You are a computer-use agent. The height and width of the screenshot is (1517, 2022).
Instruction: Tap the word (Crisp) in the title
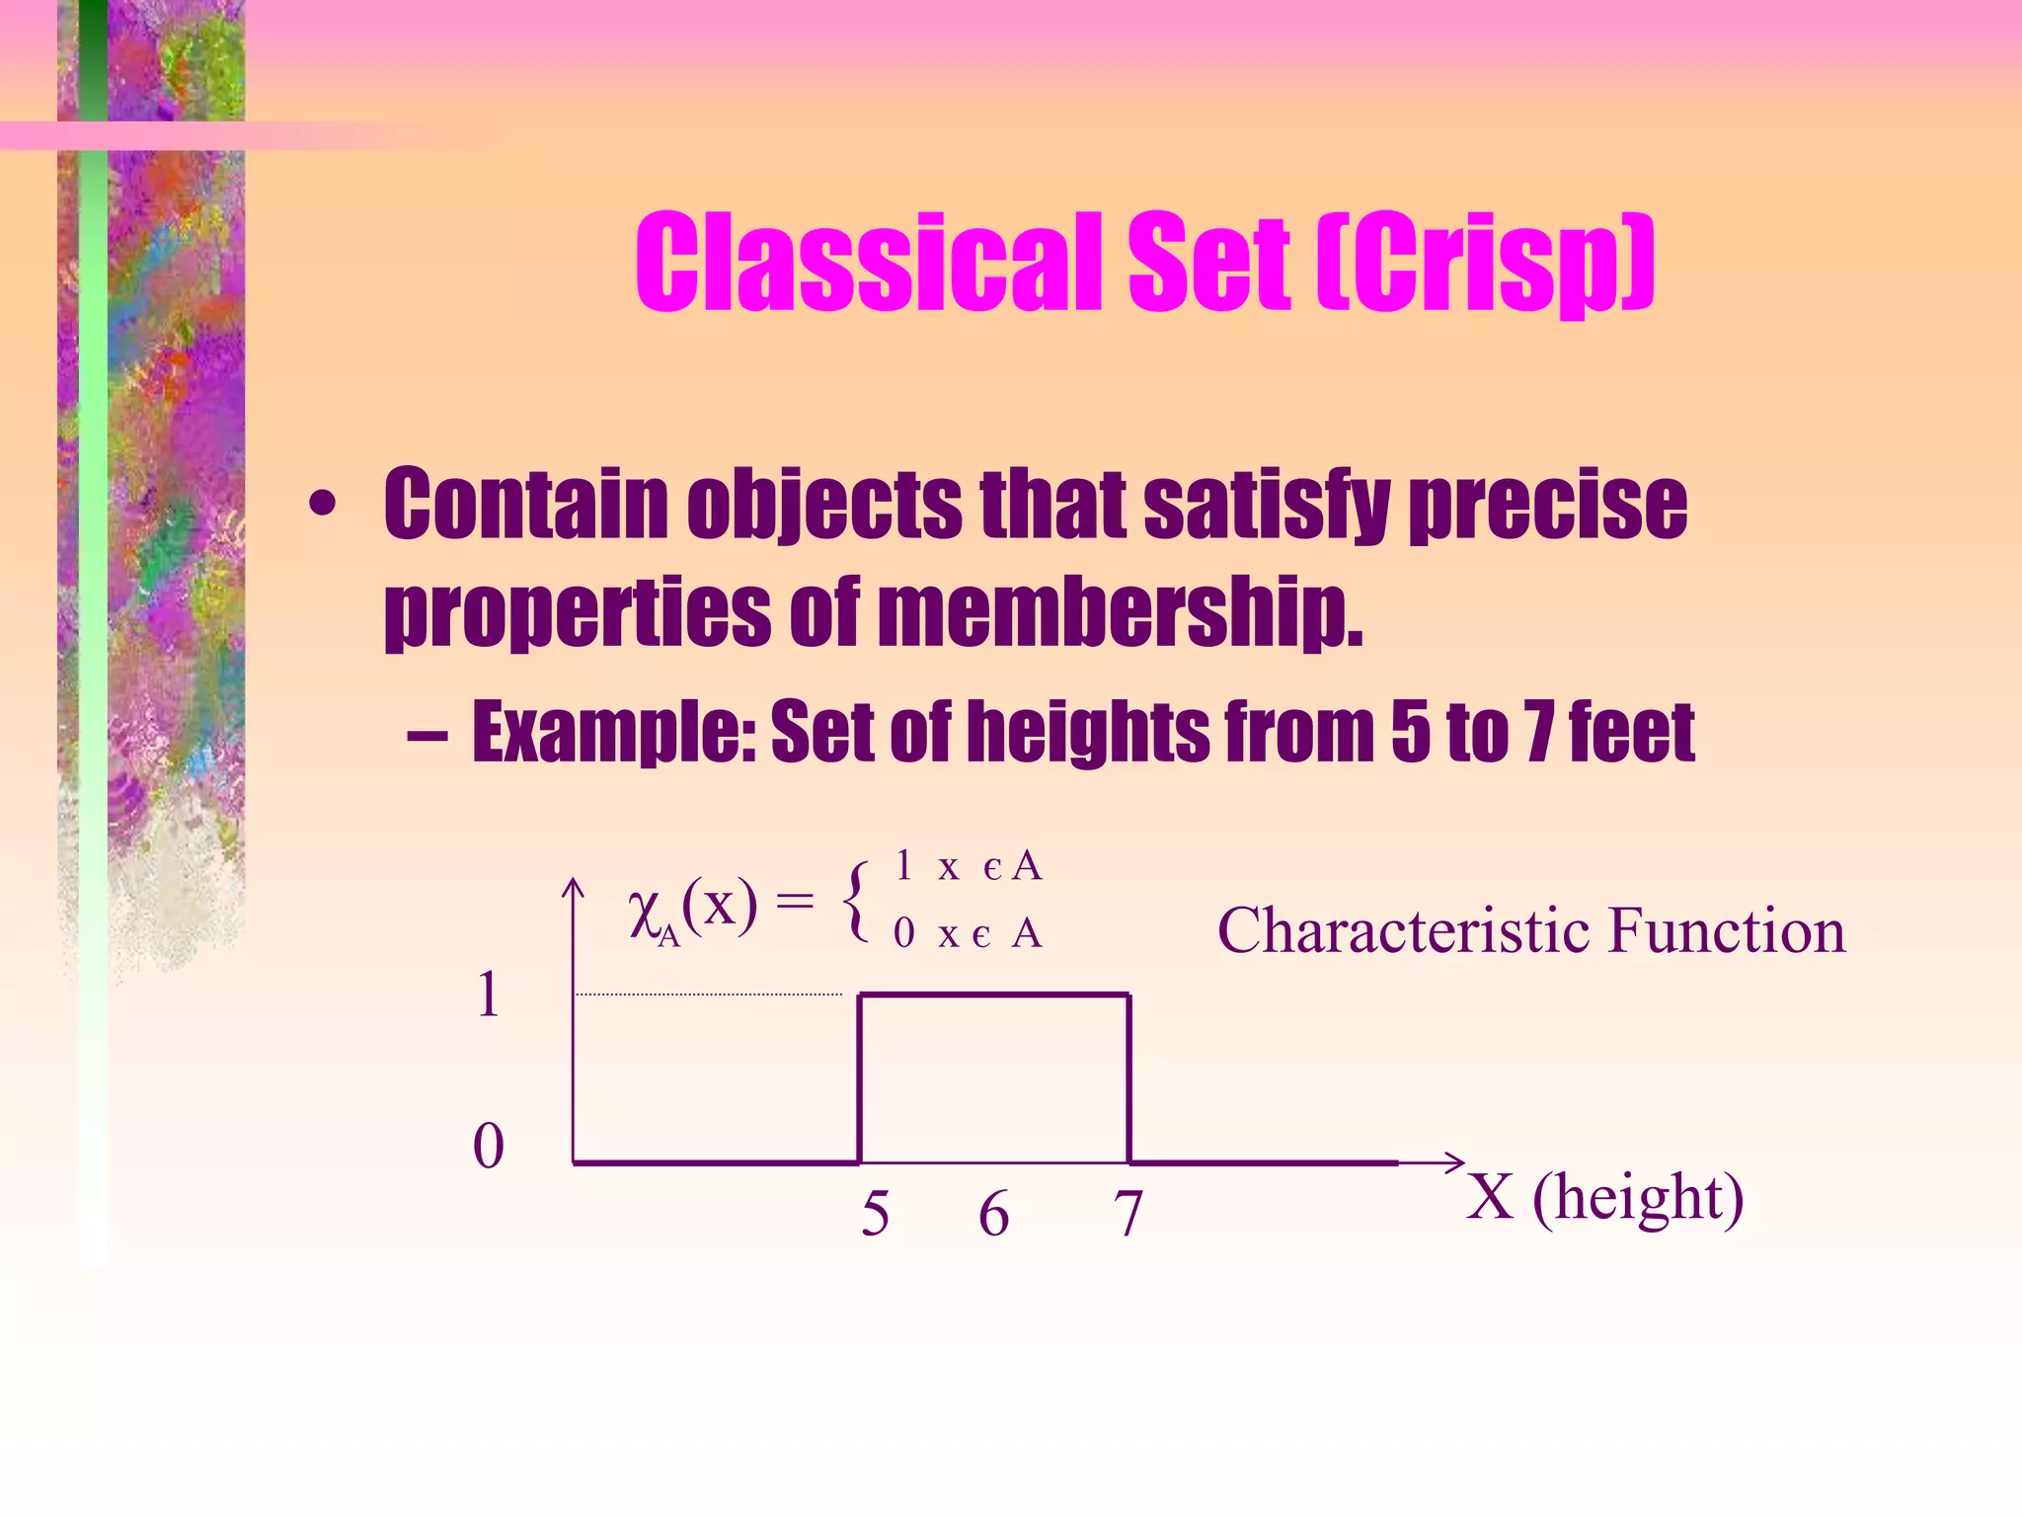click(x=1485, y=263)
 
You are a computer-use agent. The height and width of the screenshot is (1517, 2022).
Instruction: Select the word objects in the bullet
click(x=823, y=506)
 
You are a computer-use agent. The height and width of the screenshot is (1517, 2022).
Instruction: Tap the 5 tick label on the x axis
click(x=875, y=1214)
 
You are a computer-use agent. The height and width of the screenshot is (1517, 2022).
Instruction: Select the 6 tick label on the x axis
click(x=994, y=1214)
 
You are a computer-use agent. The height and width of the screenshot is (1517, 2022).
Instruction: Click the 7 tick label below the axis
click(x=1128, y=1214)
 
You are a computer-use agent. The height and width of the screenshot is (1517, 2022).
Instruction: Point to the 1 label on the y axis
click(x=488, y=995)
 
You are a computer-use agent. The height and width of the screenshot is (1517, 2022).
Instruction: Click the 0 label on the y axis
click(x=489, y=1147)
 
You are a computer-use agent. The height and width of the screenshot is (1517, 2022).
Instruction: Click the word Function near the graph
click(x=1727, y=930)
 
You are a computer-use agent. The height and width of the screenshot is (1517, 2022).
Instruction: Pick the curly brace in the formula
click(x=857, y=901)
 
